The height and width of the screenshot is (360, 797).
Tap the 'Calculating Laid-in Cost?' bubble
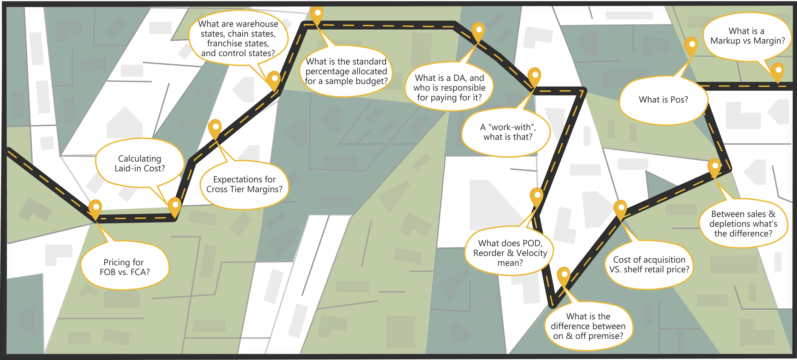pos(140,163)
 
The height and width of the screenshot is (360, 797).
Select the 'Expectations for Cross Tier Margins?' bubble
pos(244,184)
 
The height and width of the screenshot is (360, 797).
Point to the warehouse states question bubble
pos(238,38)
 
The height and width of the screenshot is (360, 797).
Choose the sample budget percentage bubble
pos(346,71)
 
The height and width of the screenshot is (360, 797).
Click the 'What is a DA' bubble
pos(449,87)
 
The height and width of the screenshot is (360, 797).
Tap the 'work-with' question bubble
pos(508,132)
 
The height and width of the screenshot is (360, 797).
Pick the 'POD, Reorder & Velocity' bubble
pos(510,253)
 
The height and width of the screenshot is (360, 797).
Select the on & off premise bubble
pos(588,326)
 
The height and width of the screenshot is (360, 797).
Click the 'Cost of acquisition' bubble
pos(649,264)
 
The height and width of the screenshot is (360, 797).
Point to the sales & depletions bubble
pos(743,224)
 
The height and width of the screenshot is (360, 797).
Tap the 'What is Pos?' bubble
pos(663,100)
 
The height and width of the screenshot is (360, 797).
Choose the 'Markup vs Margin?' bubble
pos(747,36)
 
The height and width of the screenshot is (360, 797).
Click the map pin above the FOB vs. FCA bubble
pos(95,208)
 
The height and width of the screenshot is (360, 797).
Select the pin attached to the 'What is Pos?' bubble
pos(691,45)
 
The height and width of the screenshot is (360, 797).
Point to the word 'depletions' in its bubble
pos(725,224)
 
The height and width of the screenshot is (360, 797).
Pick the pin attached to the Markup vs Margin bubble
pos(778,71)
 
